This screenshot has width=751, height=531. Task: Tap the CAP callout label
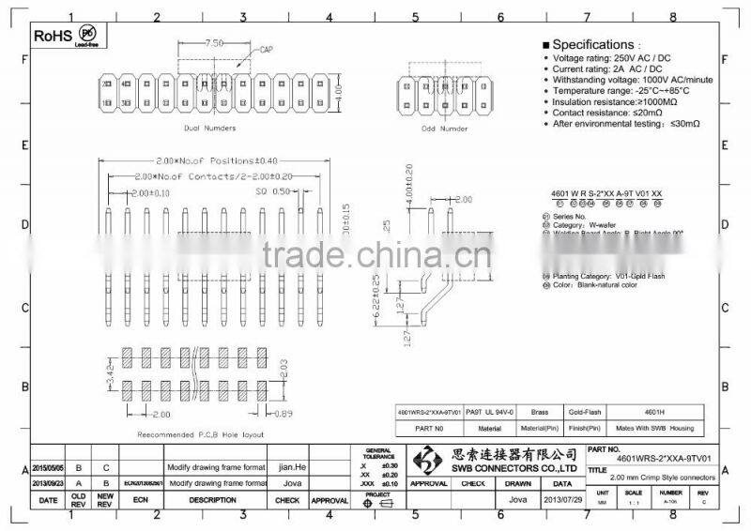click(266, 49)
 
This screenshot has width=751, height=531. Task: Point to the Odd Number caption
click(443, 128)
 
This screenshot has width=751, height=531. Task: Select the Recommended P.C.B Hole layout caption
click(201, 435)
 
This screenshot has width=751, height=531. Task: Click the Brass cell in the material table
click(539, 411)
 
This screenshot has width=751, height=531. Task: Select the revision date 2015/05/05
click(51, 466)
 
